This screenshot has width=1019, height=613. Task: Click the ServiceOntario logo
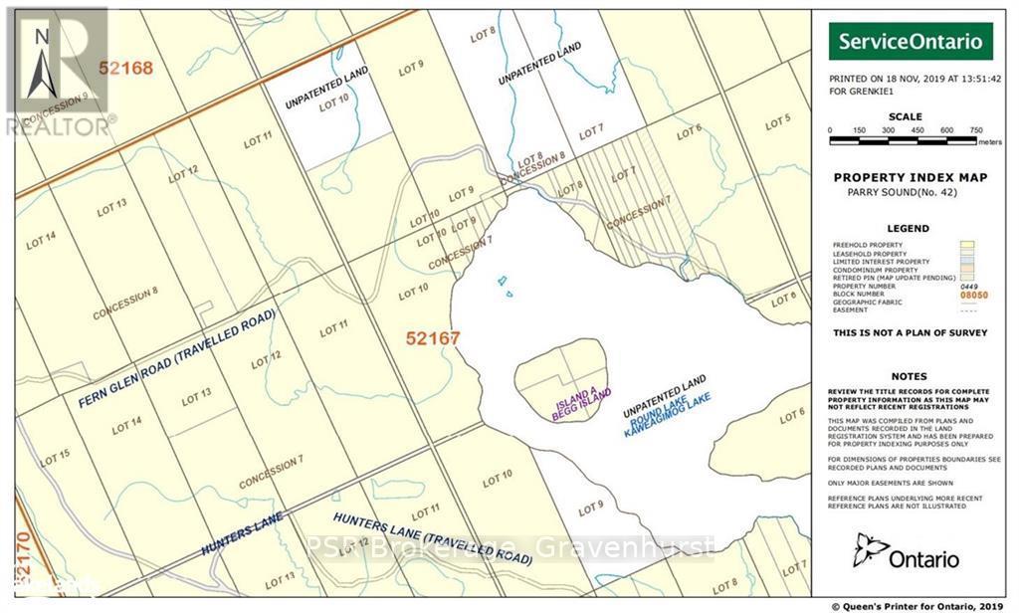[x=913, y=42]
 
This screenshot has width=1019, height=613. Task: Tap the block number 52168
[x=126, y=68]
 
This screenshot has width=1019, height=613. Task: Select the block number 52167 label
[x=433, y=338]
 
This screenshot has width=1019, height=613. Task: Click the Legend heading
[x=908, y=228]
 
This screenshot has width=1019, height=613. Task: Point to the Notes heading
[x=909, y=377]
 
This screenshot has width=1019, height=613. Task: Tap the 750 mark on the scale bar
[x=976, y=130]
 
